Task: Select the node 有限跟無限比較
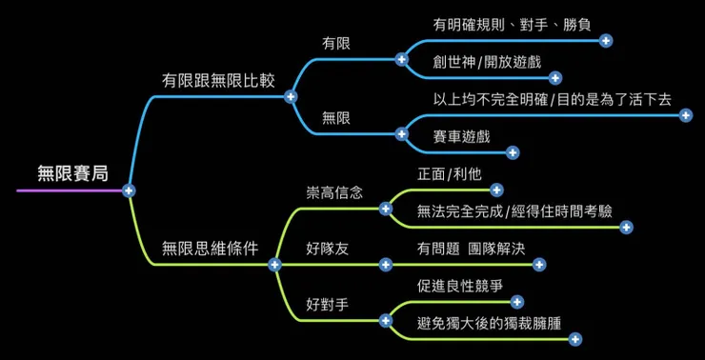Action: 218,80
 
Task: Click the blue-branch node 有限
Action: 336,43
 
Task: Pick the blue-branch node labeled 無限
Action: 336,118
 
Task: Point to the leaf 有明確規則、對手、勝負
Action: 504,25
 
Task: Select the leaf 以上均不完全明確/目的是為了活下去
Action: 552,99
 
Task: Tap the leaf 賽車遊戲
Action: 461,136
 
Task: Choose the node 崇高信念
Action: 334,192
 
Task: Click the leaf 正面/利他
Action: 450,174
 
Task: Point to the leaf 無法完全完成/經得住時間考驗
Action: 514,211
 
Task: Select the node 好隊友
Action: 328,249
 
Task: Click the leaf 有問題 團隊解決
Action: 471,249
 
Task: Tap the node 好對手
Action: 328,305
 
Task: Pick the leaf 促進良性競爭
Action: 459,286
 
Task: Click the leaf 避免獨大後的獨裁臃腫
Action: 489,323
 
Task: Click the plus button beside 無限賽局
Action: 130,190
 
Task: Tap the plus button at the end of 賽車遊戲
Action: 513,152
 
